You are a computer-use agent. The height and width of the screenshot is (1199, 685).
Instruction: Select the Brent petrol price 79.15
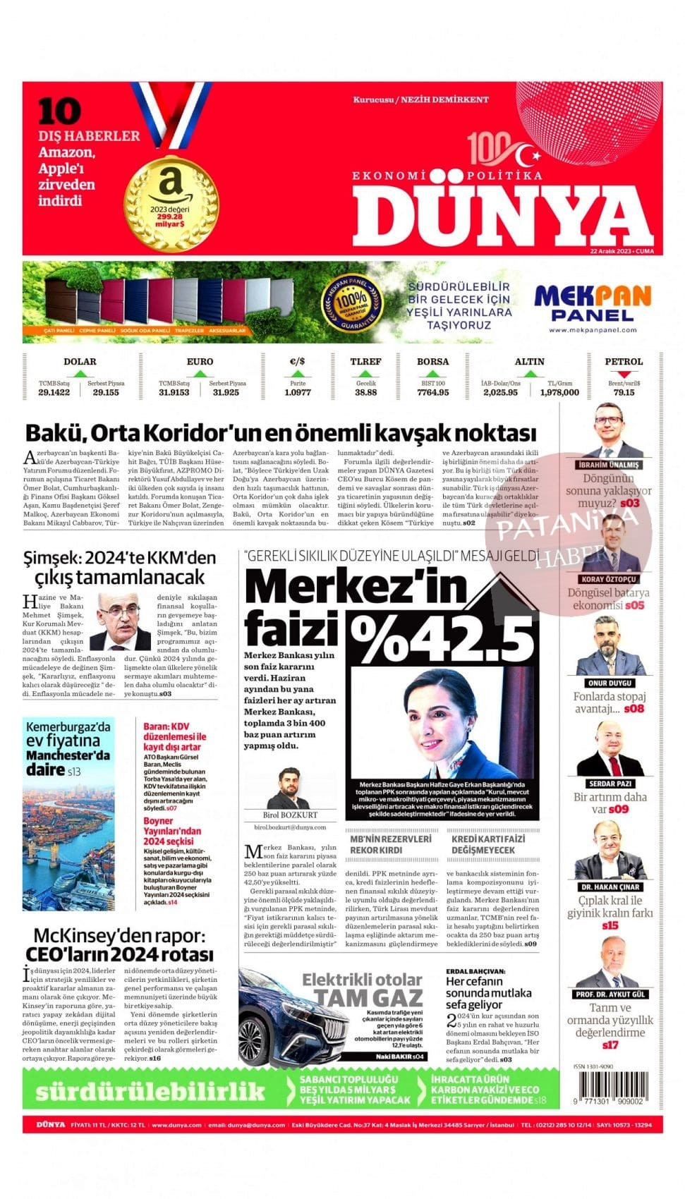tap(624, 392)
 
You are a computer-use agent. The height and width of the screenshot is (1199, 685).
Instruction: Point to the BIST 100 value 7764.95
tap(432, 392)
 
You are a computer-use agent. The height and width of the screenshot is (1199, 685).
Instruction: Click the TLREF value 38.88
tap(365, 392)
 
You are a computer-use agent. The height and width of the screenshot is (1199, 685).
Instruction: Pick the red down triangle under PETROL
tap(624, 374)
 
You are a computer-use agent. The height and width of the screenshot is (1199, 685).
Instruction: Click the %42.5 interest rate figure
tap(443, 638)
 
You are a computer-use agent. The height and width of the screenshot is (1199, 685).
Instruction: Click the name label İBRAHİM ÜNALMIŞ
tap(608, 465)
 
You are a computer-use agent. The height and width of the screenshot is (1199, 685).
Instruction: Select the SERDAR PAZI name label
tap(610, 784)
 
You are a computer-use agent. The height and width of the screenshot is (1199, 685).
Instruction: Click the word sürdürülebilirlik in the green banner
tap(150, 1092)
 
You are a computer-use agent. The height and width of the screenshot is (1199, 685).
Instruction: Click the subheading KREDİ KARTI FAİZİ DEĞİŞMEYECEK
tap(488, 844)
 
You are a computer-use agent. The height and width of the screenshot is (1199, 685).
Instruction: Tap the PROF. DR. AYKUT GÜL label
tap(610, 994)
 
